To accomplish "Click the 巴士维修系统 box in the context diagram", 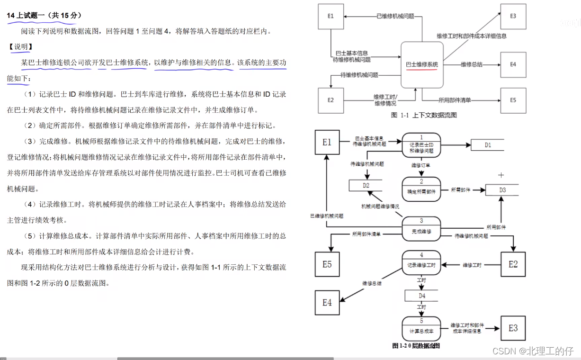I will pyautogui.click(x=422, y=64).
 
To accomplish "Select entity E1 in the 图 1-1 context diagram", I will pyautogui.click(x=331, y=16).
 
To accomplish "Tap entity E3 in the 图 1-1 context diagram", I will pyautogui.click(x=513, y=16).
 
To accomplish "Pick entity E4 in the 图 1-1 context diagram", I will pyautogui.click(x=513, y=64).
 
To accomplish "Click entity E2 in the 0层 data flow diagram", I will pyautogui.click(x=513, y=264).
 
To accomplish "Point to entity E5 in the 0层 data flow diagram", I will pyautogui.click(x=327, y=264).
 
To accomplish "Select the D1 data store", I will pyautogui.click(x=488, y=145).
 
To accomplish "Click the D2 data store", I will pyautogui.click(x=366, y=186).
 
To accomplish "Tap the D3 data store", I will pyautogui.click(x=502, y=190).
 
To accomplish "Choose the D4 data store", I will pyautogui.click(x=422, y=296).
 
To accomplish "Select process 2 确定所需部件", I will pyautogui.click(x=421, y=189).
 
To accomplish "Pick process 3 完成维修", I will pyautogui.click(x=421, y=229).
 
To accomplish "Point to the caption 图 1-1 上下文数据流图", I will pyautogui.click(x=423, y=115).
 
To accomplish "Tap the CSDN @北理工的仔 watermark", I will pyautogui.click(x=533, y=351).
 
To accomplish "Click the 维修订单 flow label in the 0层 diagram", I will pyautogui.click(x=421, y=166).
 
